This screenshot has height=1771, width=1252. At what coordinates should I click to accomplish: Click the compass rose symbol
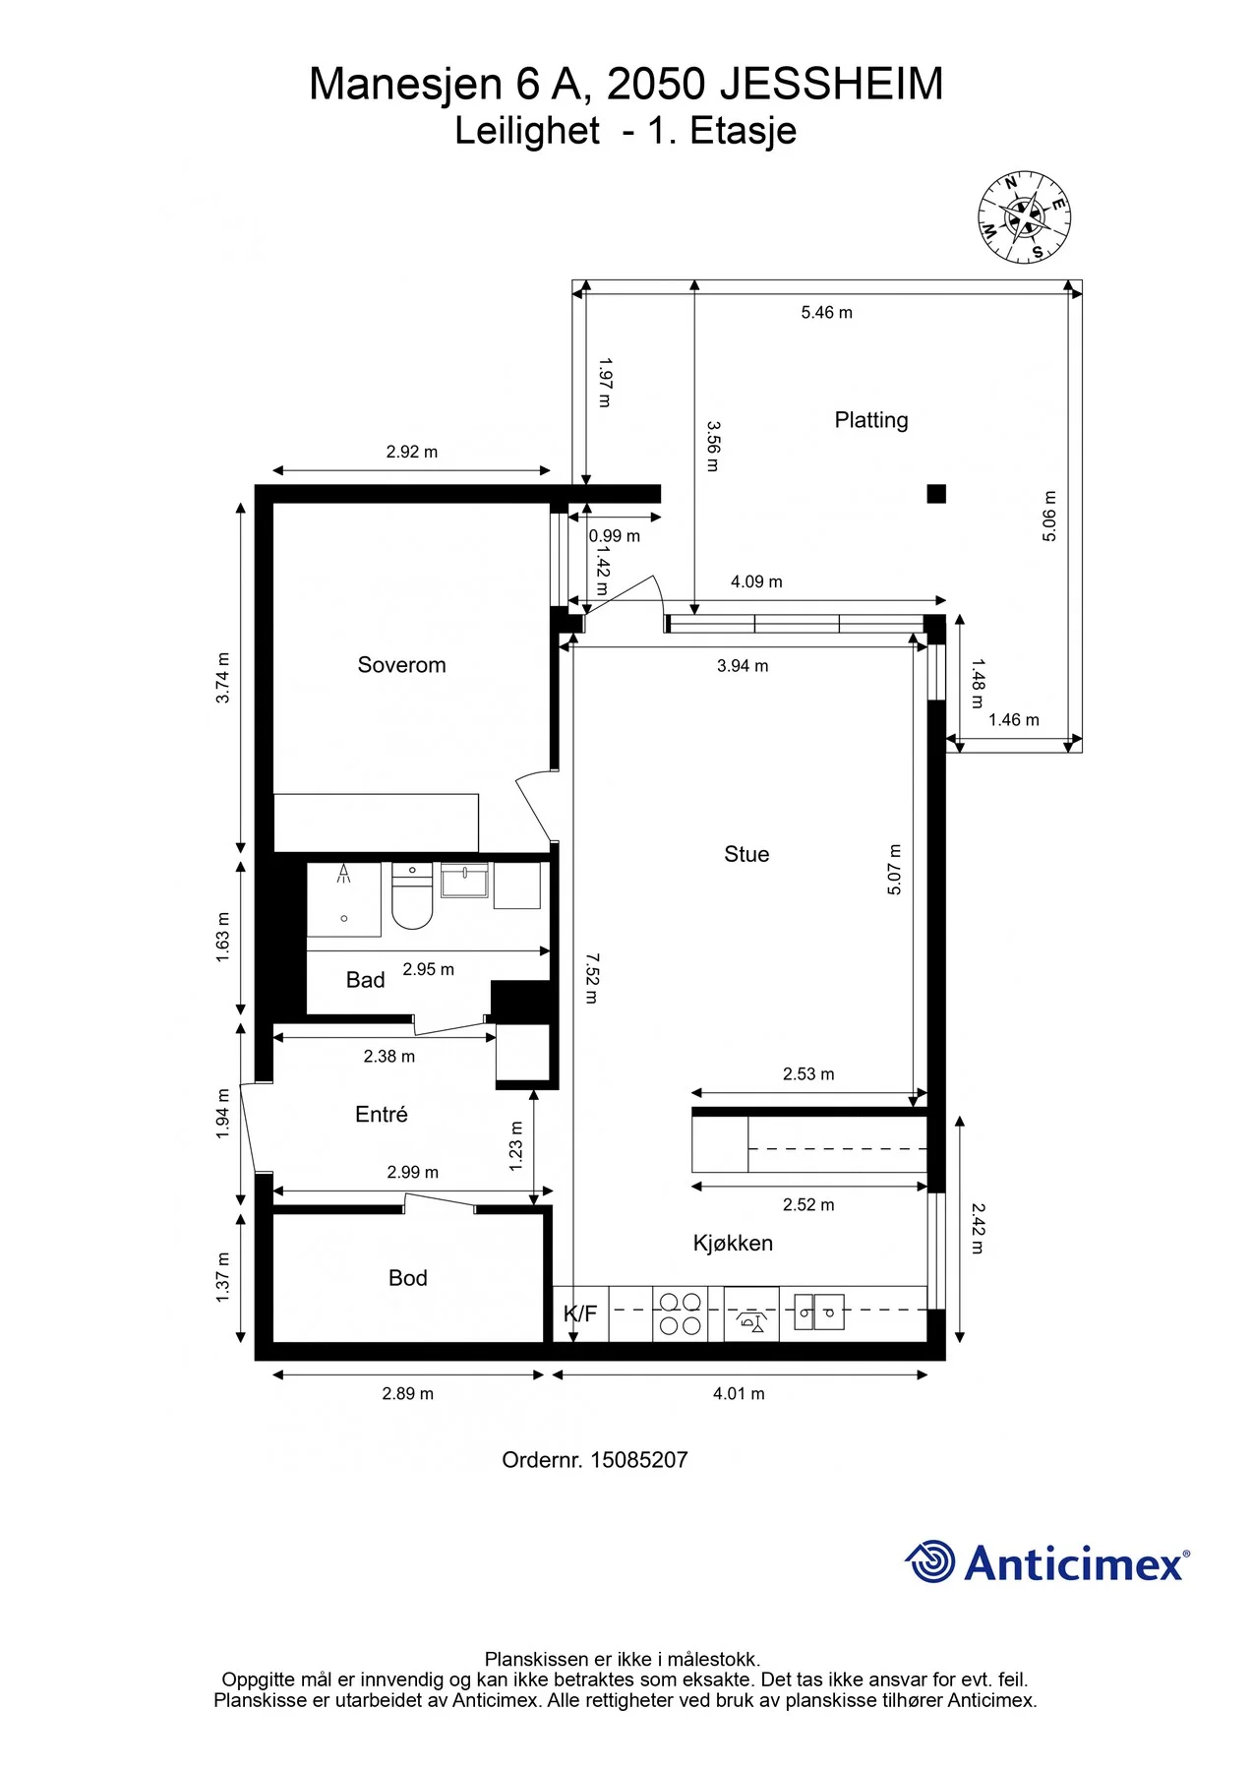tap(1024, 216)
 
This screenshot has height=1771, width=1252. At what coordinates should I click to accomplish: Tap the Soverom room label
tap(401, 665)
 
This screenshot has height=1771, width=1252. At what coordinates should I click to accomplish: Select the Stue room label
tap(746, 854)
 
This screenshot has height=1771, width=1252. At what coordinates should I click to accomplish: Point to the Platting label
tap(871, 420)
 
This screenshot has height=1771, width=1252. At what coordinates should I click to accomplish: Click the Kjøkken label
tap(733, 1243)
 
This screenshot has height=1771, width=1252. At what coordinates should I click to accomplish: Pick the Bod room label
tap(407, 1278)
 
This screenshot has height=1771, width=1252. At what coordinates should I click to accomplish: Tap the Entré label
tap(382, 1114)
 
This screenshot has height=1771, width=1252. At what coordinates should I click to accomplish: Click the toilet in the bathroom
tap(412, 896)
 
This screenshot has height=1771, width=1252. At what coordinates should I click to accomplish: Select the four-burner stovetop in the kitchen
tap(680, 1313)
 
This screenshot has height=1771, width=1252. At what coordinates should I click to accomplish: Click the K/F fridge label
tap(580, 1313)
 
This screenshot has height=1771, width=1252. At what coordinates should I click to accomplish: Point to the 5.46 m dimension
tap(826, 313)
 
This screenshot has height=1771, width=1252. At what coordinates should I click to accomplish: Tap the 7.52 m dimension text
tap(591, 977)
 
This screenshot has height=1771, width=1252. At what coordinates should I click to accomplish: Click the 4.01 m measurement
tap(739, 1393)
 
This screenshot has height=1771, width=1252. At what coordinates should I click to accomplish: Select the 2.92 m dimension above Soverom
tap(412, 452)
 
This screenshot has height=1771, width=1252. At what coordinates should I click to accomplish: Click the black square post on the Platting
tap(936, 494)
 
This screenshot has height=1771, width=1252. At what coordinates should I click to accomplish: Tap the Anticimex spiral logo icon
tap(929, 1561)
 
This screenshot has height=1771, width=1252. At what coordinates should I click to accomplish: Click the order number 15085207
tap(638, 1460)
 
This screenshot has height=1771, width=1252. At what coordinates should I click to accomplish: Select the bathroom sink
tap(464, 881)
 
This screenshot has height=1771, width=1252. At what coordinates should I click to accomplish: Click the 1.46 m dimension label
tap(1014, 720)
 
